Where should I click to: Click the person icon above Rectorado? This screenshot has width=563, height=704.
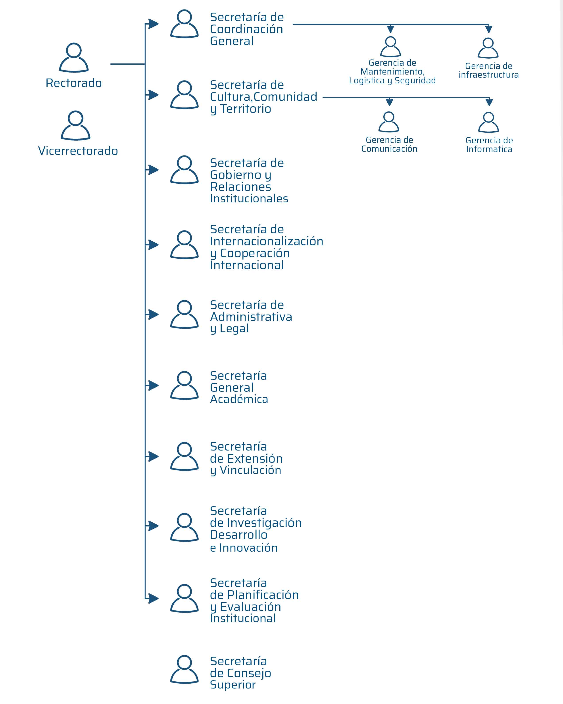(x=74, y=58)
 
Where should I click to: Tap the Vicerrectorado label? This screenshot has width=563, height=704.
(x=78, y=151)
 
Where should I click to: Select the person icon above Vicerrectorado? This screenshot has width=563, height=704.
(x=75, y=126)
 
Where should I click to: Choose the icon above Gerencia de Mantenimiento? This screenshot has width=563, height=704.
(x=391, y=47)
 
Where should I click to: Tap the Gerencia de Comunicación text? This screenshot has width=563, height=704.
(x=389, y=144)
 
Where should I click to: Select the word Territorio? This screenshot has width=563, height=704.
(x=246, y=109)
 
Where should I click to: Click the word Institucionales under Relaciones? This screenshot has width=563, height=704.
(x=249, y=199)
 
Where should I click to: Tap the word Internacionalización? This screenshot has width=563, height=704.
(x=267, y=241)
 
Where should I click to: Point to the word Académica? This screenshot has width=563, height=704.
(x=239, y=399)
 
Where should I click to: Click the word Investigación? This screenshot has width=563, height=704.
(x=264, y=523)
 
